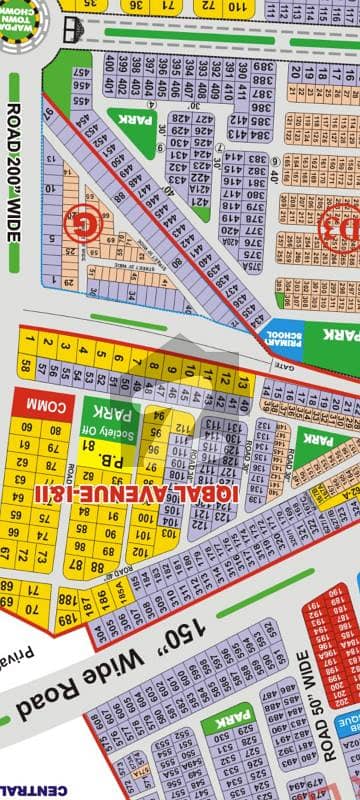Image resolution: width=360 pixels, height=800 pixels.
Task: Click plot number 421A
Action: point(200,190)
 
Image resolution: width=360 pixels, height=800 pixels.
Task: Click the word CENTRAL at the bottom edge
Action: point(20,792)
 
